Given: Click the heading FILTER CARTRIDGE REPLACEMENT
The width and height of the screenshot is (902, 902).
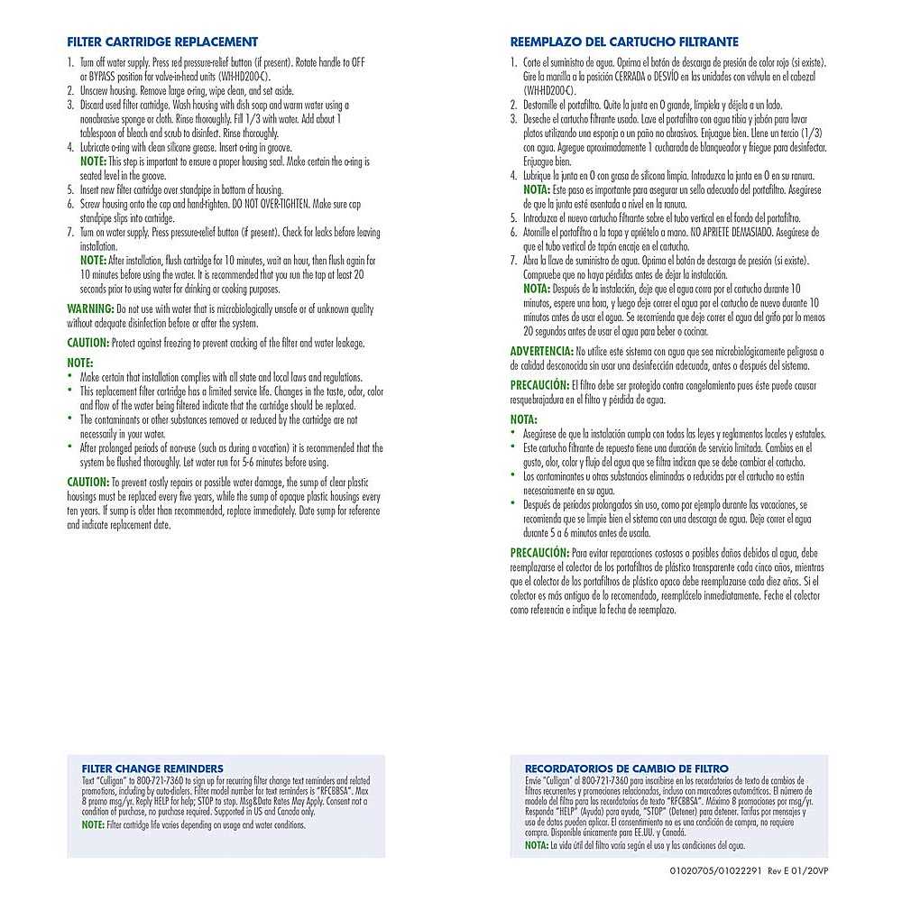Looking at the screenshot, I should tap(162, 41).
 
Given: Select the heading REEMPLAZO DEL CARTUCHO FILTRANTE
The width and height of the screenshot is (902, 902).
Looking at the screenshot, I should tap(624, 41).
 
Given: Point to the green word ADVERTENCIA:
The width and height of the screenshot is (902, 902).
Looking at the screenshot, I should tap(541, 350).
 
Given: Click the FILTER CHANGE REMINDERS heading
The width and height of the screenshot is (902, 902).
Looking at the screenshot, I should tap(152, 769).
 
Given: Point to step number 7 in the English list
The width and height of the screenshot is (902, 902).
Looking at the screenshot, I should tap(70, 232).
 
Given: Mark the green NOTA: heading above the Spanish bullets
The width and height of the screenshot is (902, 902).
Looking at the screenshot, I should tap(524, 419).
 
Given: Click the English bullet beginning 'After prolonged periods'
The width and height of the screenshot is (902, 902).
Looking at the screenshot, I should tap(230, 448).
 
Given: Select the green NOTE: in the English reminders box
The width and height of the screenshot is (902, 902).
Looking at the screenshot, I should tap(93, 824).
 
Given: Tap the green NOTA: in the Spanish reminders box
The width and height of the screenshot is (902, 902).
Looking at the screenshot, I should tap(536, 845).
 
